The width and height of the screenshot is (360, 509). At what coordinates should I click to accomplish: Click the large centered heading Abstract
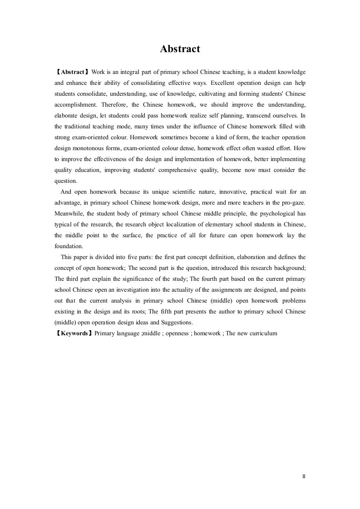pos(180,49)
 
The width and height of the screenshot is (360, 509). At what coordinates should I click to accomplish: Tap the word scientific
pos(173,192)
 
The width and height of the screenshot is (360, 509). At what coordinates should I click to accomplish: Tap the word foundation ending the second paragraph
pos(69,247)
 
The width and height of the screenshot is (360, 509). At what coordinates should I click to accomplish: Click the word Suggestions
pos(176,323)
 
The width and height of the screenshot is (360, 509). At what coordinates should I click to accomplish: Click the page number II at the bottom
pos(304,477)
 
